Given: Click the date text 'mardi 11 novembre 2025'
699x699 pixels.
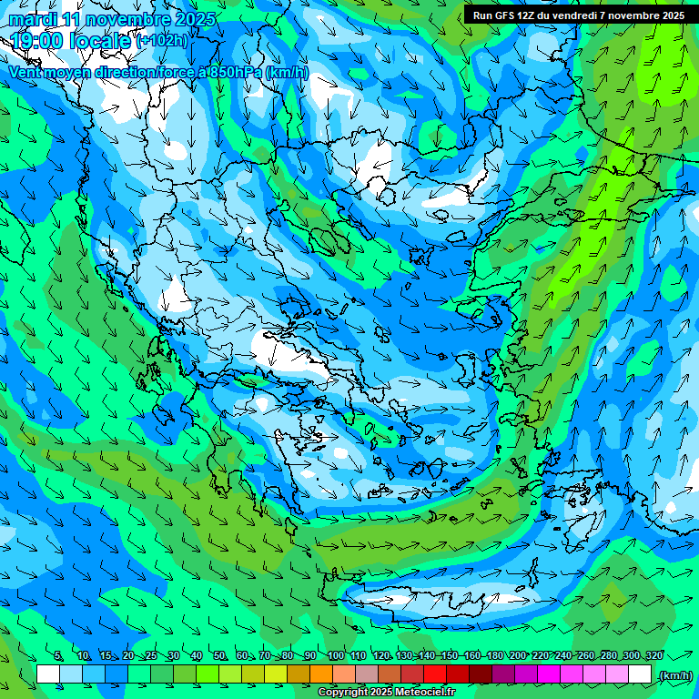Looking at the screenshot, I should click(113, 19).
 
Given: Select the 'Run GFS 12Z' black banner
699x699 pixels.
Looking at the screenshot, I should click(579, 15).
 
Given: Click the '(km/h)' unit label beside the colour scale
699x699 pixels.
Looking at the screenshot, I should click(674, 675).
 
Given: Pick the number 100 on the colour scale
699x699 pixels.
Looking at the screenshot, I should click(336, 656).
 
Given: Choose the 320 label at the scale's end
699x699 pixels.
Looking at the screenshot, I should click(654, 656).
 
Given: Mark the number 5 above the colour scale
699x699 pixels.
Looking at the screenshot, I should click(59, 656).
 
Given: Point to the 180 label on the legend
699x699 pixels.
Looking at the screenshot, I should click(495, 656).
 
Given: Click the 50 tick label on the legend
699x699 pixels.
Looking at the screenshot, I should click(219, 656).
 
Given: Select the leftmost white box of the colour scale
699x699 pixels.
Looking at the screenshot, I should click(48, 674).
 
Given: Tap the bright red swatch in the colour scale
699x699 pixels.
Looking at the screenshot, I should click(435, 674).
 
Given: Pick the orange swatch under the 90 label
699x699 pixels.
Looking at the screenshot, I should click(321, 674).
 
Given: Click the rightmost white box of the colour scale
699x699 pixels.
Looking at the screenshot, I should click(640, 674).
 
